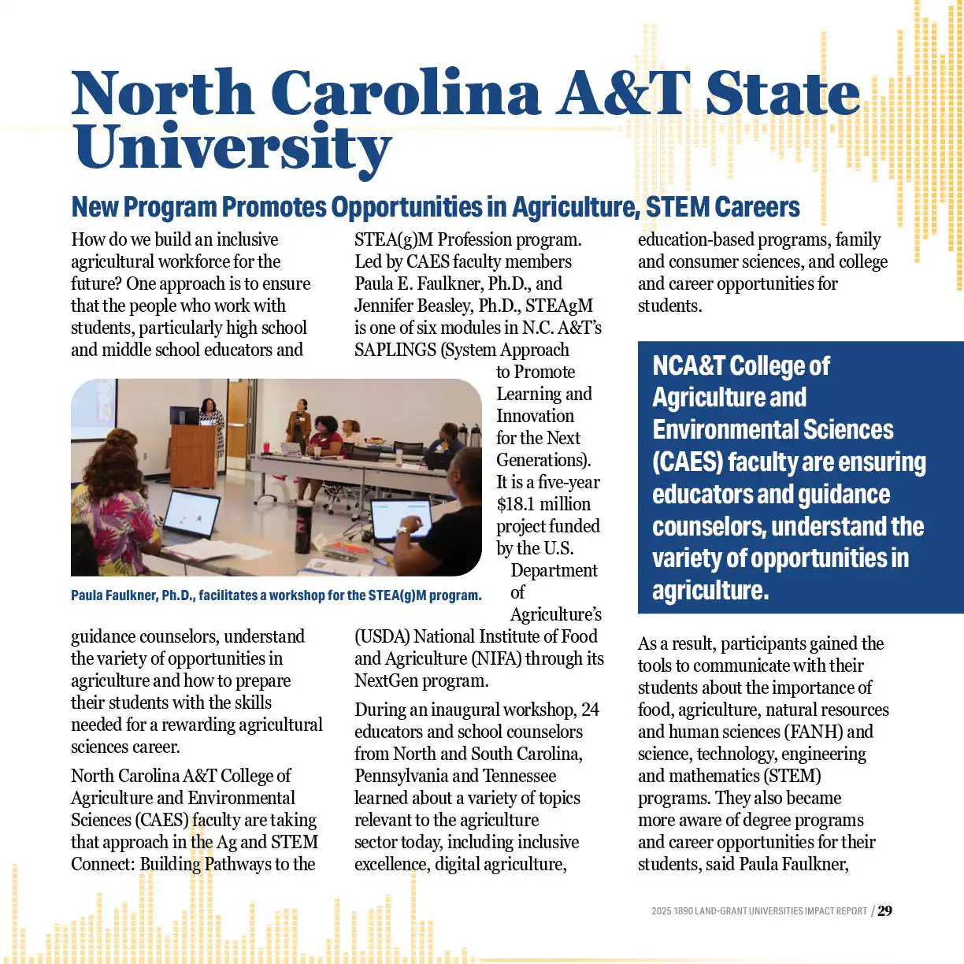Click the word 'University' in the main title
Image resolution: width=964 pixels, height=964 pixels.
click(232, 147)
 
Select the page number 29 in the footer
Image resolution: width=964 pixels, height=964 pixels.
click(885, 910)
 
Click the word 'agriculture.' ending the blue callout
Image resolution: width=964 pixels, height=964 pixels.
click(710, 591)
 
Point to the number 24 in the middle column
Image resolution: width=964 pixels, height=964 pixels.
click(590, 710)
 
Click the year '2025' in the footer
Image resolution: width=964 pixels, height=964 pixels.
click(661, 911)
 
